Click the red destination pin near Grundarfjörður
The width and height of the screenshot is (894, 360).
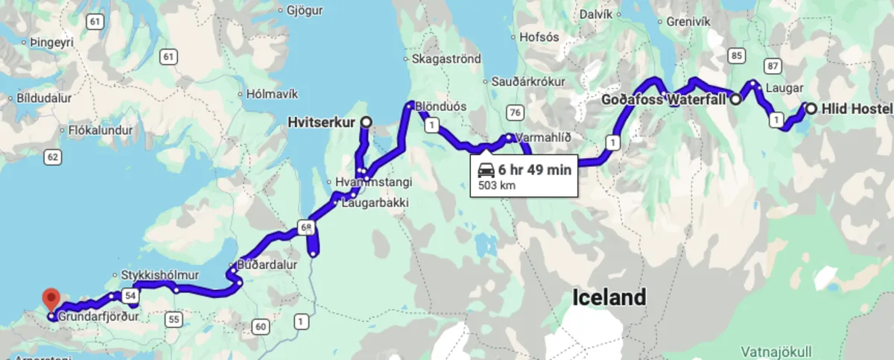point(51,300)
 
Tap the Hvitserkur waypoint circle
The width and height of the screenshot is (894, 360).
point(366,121)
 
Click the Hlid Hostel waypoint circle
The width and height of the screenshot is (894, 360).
point(811,108)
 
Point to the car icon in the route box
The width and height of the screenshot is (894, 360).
point(486,169)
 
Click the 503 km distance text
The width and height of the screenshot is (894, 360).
point(496,184)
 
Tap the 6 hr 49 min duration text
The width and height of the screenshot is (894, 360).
point(535,169)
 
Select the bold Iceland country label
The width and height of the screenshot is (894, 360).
point(609,298)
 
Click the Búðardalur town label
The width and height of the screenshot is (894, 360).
point(267,264)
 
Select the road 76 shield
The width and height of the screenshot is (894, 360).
point(513,113)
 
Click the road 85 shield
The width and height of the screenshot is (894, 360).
point(737,55)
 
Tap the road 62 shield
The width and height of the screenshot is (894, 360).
point(51,157)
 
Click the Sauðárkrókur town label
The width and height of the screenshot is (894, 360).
point(528,81)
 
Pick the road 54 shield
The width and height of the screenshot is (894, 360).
point(130,296)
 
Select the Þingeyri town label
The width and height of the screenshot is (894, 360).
point(53,43)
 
